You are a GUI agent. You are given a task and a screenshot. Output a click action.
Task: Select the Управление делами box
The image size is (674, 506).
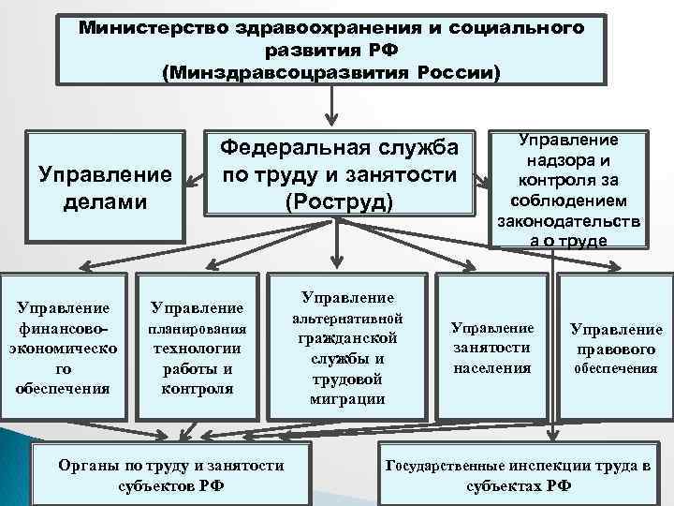coord(104,186)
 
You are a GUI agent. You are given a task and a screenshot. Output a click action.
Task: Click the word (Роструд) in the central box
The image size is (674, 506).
coord(338,201)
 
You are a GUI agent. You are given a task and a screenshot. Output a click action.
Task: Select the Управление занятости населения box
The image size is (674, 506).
coord(491,348)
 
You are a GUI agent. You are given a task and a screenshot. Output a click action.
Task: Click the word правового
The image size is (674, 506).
coord(617,350)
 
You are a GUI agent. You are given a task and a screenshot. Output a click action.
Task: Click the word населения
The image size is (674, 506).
coord(491,367)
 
